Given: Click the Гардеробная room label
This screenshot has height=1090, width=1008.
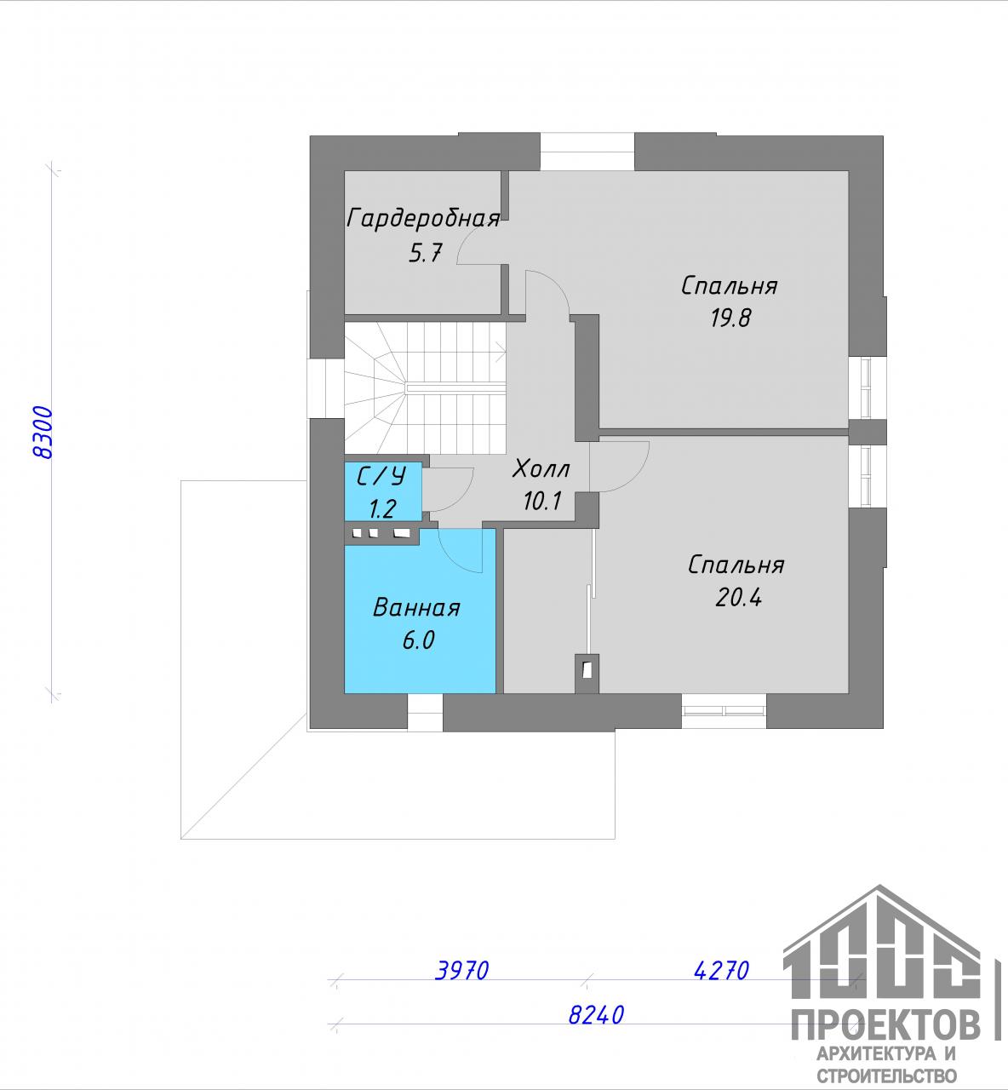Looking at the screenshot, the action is click(423, 219).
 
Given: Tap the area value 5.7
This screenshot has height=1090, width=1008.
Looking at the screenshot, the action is click(426, 254).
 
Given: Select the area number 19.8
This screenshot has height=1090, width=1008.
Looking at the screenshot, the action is click(730, 318).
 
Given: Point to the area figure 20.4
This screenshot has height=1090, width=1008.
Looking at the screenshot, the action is click(739, 598).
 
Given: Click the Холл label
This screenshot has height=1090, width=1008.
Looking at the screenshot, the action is click(541, 469).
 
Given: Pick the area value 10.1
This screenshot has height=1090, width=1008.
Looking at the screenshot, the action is click(542, 501).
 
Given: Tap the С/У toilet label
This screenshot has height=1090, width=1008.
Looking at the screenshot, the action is click(382, 476).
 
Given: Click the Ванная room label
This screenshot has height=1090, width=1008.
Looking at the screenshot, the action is click(416, 608).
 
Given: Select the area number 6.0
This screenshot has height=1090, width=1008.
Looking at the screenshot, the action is click(418, 640).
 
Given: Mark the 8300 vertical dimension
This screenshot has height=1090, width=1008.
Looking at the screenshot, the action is click(43, 433).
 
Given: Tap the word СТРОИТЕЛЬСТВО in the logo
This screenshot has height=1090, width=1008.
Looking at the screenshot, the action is click(887, 1076).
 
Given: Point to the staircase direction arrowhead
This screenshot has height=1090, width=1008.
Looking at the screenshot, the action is click(501, 351).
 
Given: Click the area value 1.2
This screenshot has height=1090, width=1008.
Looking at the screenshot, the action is click(382, 509).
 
